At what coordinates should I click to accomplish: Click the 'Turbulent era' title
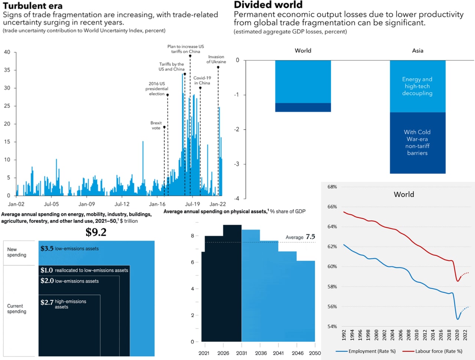click(x=33, y=6)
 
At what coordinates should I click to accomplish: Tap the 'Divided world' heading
click(x=268, y=4)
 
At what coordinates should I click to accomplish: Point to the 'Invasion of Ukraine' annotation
click(x=216, y=59)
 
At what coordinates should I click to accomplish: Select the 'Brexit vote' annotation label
click(x=156, y=125)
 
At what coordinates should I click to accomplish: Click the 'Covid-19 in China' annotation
click(x=202, y=80)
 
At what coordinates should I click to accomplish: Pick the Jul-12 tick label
click(x=122, y=204)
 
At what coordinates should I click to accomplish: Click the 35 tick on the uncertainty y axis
click(x=7, y=70)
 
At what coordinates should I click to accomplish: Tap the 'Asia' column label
click(x=417, y=50)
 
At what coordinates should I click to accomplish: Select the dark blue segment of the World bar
click(x=303, y=107)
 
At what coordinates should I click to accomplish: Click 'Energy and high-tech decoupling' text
click(x=417, y=86)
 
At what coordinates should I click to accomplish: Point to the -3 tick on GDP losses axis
click(x=237, y=164)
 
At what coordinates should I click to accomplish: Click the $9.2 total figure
click(x=96, y=232)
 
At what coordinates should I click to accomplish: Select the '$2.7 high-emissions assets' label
click(x=63, y=304)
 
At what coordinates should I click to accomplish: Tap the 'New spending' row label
click(x=17, y=252)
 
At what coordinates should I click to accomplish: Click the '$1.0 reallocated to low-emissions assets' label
click(x=84, y=270)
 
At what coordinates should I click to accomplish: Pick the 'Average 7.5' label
click(x=300, y=237)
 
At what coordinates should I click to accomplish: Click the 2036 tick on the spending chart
click(x=261, y=353)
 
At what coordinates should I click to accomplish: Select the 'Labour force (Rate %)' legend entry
click(x=432, y=351)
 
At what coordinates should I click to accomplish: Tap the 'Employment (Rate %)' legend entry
click(x=366, y=351)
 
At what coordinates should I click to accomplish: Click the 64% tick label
click(x=332, y=227)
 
